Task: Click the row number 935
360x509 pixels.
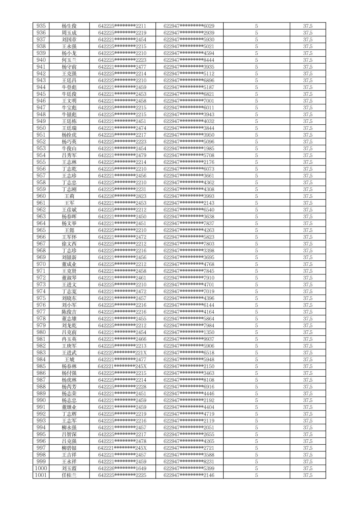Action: tap(41, 26)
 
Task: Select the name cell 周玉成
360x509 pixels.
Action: tap(69, 33)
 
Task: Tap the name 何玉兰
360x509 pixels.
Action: tap(69, 60)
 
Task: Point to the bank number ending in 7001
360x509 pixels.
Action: tap(189, 101)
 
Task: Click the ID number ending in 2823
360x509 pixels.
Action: tap(122, 196)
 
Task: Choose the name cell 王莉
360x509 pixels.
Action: tap(69, 196)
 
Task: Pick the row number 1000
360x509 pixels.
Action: tap(41, 468)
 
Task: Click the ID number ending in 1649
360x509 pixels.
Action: tap(122, 468)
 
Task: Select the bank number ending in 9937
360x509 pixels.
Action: tap(189, 339)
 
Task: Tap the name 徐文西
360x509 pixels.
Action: tap(69, 244)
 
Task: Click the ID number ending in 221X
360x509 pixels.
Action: tap(122, 353)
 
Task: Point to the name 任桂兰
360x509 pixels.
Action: tap(69, 475)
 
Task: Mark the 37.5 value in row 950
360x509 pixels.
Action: tap(307, 128)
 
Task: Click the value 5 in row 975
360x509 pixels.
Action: tap(256, 298)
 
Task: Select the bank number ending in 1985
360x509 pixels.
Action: tap(189, 148)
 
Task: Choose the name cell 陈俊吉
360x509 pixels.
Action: tap(69, 312)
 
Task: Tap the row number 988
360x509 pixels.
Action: tap(41, 387)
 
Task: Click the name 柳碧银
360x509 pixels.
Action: tap(69, 448)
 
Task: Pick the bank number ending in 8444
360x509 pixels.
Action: tap(189, 60)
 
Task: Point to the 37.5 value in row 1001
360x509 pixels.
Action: tap(307, 475)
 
